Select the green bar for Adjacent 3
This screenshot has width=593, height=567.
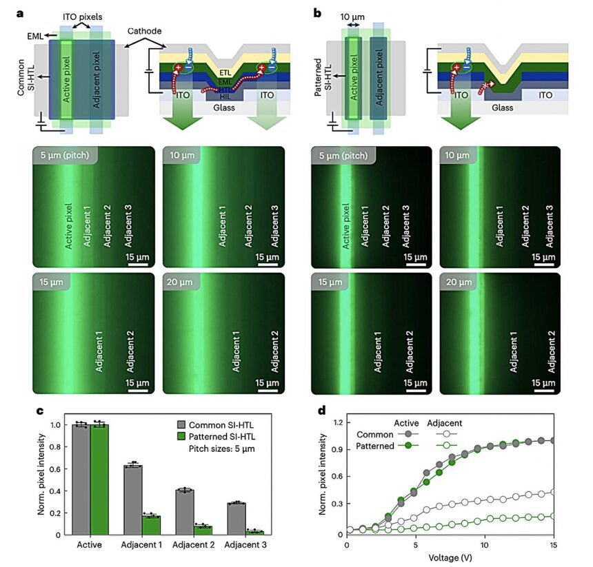tap(255, 531)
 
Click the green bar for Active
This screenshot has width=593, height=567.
tap(100, 479)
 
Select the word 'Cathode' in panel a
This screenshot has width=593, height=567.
tap(145, 31)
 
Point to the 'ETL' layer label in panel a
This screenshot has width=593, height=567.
tap(225, 71)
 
